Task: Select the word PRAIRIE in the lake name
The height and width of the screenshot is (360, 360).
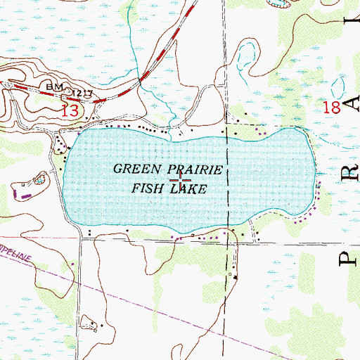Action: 200,169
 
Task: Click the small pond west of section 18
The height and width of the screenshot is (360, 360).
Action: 245,56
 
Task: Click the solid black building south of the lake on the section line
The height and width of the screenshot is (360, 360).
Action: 236,277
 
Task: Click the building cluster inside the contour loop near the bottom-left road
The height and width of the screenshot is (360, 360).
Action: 90,325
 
